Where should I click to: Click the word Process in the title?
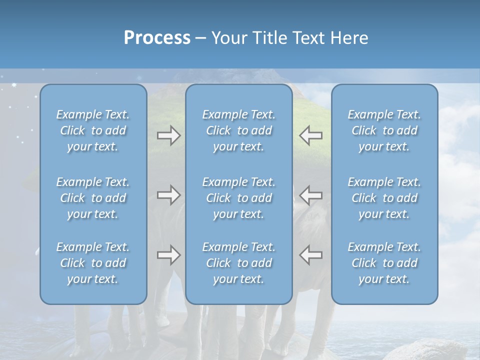[x=157, y=38]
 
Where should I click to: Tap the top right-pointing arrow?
[x=168, y=135]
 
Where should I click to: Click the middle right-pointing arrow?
[x=168, y=195]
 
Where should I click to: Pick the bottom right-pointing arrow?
[x=168, y=255]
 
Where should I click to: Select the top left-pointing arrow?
[x=310, y=135]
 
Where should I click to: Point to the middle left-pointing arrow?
[x=310, y=195]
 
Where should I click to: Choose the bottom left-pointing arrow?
[x=310, y=255]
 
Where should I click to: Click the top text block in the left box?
[x=93, y=130]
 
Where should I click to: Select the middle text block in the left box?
[x=93, y=198]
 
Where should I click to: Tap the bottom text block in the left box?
[x=93, y=263]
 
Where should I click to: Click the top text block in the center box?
[x=239, y=130]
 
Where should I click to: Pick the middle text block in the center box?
[x=239, y=198]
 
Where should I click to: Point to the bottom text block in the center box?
[x=239, y=263]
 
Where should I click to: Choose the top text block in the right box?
[x=384, y=130]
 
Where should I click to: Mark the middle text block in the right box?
[x=384, y=198]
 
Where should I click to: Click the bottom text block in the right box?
[x=384, y=263]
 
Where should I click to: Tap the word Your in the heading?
[x=229, y=38]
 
